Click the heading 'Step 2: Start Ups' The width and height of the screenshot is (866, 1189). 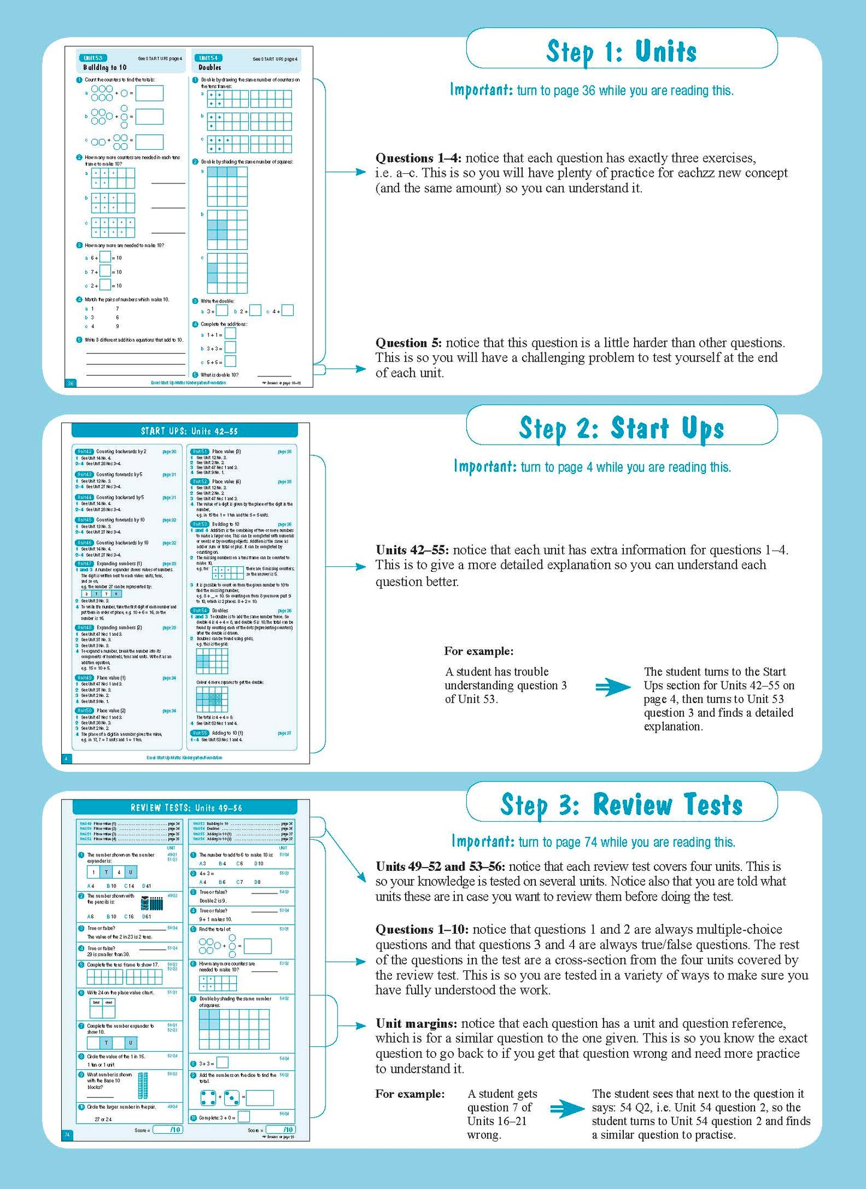coord(621,428)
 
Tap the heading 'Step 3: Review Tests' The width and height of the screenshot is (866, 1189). coord(621,804)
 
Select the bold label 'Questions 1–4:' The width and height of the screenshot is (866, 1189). coord(418,158)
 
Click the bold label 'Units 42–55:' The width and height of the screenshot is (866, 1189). coord(412,550)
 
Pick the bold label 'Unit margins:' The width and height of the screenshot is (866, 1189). coord(417,1023)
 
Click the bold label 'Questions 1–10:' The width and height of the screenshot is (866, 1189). coord(422,930)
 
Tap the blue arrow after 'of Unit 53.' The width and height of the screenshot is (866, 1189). coord(612,687)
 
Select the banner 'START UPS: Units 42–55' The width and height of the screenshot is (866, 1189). coord(185,431)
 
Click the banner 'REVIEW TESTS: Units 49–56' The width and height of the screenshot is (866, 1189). coord(186,807)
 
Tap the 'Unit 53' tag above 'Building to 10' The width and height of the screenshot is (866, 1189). coord(93,58)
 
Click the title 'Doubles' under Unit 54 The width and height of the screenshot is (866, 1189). coord(210,68)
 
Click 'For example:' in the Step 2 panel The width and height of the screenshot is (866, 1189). coord(478,651)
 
